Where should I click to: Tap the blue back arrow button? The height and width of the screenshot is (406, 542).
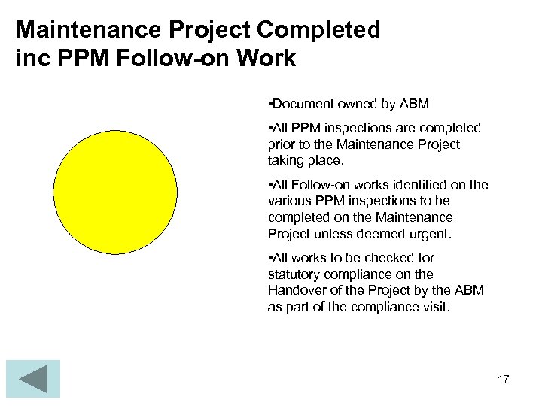pos(32,379)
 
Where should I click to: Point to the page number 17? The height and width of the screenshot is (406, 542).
pos(503,379)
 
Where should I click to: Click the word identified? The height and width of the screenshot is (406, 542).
pos(419,185)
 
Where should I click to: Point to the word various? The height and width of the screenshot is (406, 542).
pos(289,201)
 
